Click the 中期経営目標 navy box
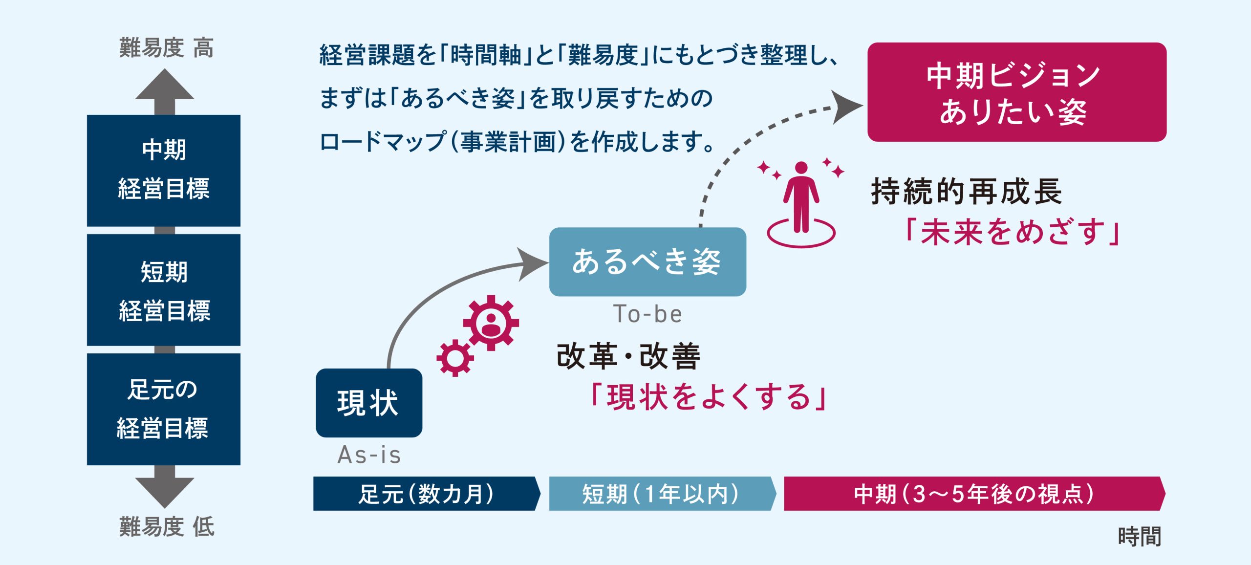click(x=164, y=170)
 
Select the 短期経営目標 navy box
click(x=164, y=290)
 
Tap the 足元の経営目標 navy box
click(x=164, y=409)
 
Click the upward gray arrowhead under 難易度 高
click(x=165, y=84)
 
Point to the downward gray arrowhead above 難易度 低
click(x=165, y=493)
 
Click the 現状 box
click(x=369, y=403)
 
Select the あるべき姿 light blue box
click(x=647, y=261)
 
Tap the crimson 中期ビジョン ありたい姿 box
click(x=1017, y=92)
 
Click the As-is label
click(x=369, y=455)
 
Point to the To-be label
click(x=647, y=314)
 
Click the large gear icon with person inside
click(x=491, y=323)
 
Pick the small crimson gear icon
click(x=455, y=358)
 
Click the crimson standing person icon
click(x=801, y=197)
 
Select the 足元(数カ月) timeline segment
click(x=427, y=494)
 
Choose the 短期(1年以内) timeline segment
click(x=662, y=494)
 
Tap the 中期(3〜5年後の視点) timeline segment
click(x=974, y=494)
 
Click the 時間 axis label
click(x=1140, y=536)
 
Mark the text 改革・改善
click(x=628, y=356)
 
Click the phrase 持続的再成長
click(x=967, y=191)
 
